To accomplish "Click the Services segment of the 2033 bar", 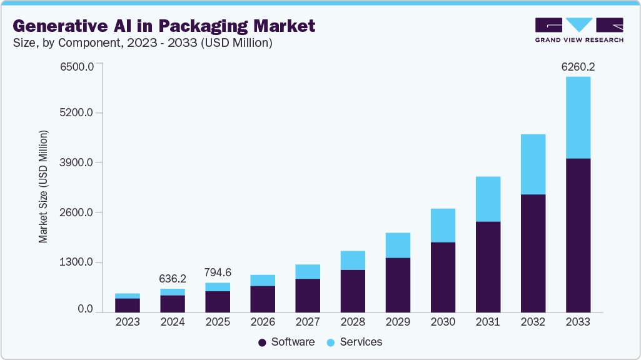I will pyautogui.click(x=578, y=117).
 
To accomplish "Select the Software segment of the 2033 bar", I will pyautogui.click(x=578, y=235).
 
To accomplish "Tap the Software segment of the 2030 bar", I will pyautogui.click(x=443, y=277).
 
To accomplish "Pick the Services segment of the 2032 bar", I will pyautogui.click(x=533, y=164).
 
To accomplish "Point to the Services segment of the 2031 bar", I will pyautogui.click(x=488, y=199).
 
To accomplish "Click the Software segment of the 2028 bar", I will pyautogui.click(x=353, y=291).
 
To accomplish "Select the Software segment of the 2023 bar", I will pyautogui.click(x=128, y=305).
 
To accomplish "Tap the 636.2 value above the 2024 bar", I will pyautogui.click(x=173, y=278).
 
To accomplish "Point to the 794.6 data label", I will pyautogui.click(x=218, y=272).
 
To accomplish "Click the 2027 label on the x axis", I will pyautogui.click(x=308, y=322).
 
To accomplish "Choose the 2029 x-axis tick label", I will pyautogui.click(x=398, y=322).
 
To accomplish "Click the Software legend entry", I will pyautogui.click(x=286, y=342).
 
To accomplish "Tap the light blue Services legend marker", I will pyautogui.click(x=331, y=342).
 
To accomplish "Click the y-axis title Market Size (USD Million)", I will pyautogui.click(x=43, y=187).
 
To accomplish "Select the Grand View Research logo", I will pyautogui.click(x=579, y=30).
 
